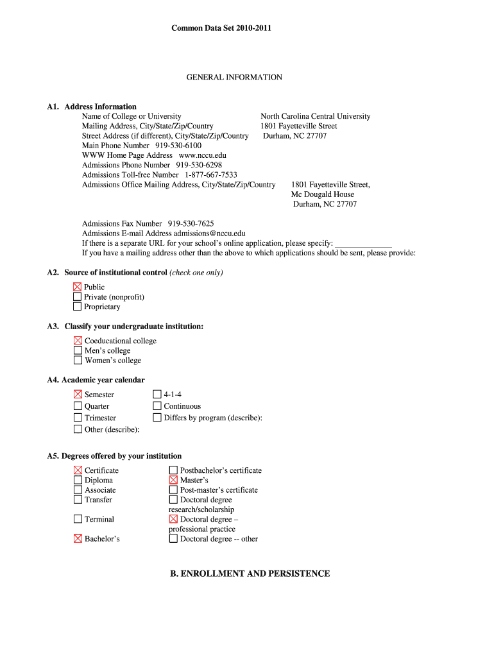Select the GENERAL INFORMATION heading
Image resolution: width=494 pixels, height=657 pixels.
(234, 77)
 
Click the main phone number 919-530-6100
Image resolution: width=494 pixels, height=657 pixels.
(178, 146)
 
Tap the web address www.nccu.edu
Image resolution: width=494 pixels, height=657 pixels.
(202, 155)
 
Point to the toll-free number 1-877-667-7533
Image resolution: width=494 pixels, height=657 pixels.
(210, 175)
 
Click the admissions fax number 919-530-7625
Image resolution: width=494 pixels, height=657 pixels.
(191, 224)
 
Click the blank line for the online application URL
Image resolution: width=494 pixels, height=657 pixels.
(363, 244)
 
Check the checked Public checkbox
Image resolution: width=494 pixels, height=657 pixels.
(78, 287)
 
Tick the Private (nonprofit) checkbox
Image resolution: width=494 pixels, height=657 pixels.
(78, 297)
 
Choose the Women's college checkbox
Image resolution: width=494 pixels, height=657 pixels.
(78, 360)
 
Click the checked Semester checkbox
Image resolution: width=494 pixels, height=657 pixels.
(78, 395)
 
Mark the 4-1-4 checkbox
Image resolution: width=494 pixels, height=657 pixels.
(157, 395)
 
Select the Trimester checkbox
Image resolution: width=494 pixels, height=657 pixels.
(78, 418)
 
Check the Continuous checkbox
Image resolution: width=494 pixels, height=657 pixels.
(157, 406)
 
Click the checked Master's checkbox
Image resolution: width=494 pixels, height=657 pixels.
(173, 480)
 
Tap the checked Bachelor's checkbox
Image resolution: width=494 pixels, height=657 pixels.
(78, 538)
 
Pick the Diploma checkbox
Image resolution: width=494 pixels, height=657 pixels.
(78, 480)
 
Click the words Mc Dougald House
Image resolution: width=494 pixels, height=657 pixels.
(322, 194)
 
